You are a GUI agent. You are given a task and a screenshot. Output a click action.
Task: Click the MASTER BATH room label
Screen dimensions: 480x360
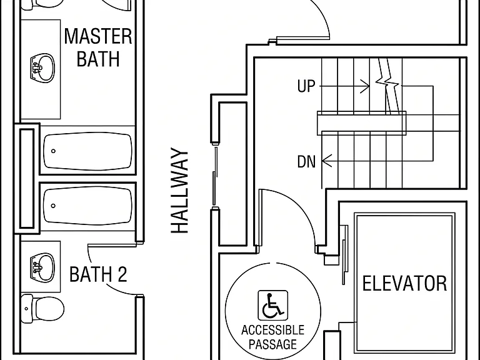click(98, 47)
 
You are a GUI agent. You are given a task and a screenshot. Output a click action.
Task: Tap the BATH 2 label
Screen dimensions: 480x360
click(98, 274)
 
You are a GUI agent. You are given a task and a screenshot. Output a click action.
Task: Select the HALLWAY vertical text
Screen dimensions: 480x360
click(179, 191)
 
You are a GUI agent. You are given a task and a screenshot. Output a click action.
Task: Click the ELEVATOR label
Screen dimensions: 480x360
click(404, 284)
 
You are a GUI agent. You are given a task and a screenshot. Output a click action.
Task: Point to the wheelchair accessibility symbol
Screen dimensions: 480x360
click(272, 305)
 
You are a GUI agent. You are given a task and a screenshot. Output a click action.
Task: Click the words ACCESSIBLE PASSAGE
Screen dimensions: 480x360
click(272, 337)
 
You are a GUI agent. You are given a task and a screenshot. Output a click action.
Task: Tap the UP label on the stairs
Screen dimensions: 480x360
click(306, 86)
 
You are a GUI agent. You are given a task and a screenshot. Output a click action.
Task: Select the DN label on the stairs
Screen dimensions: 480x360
click(306, 161)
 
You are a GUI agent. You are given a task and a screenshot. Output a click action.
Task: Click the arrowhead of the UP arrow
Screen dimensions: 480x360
click(366, 86)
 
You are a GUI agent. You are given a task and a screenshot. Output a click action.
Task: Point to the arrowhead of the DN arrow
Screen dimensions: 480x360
click(326, 161)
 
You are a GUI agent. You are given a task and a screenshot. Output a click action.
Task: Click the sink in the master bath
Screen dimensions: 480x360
click(42, 68)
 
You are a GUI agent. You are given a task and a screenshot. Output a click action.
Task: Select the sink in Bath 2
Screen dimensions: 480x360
click(42, 267)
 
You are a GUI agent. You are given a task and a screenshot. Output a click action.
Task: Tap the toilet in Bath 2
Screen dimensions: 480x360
click(42, 309)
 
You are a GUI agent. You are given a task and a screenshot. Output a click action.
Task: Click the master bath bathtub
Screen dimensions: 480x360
click(88, 151)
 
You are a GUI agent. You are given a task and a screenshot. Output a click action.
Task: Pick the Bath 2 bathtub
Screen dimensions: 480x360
click(88, 206)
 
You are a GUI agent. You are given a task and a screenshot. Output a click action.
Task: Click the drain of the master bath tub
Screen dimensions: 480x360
click(53, 151)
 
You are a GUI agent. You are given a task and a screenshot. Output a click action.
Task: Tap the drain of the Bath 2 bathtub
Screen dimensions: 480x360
click(53, 206)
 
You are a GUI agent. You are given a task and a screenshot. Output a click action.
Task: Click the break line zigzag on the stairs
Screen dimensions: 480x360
click(387, 81)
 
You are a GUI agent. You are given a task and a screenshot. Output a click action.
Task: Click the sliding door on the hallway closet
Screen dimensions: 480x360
click(215, 176)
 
